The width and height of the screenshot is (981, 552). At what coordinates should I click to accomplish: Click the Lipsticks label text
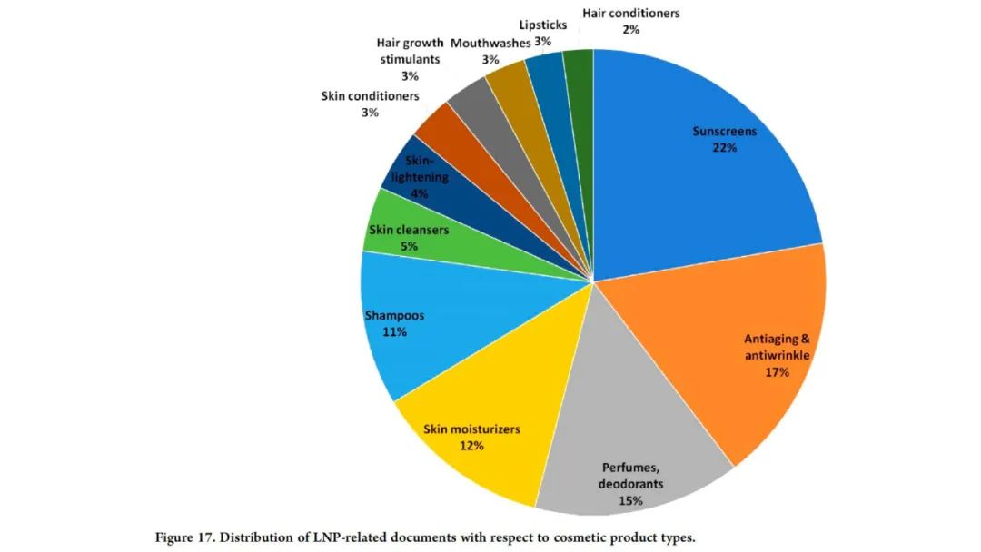pyautogui.click(x=543, y=25)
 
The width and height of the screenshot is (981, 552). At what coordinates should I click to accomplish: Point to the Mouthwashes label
pyautogui.click(x=490, y=43)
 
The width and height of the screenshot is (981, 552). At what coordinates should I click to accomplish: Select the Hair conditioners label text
pyautogui.click(x=630, y=14)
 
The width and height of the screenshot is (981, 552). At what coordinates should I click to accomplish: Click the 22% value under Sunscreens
pyautogui.click(x=724, y=147)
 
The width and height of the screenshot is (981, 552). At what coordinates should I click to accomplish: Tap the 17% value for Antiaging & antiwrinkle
pyautogui.click(x=778, y=372)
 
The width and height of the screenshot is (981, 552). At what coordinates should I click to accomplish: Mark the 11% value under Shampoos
pyautogui.click(x=394, y=332)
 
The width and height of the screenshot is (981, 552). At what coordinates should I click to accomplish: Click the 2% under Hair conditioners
pyautogui.click(x=630, y=30)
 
